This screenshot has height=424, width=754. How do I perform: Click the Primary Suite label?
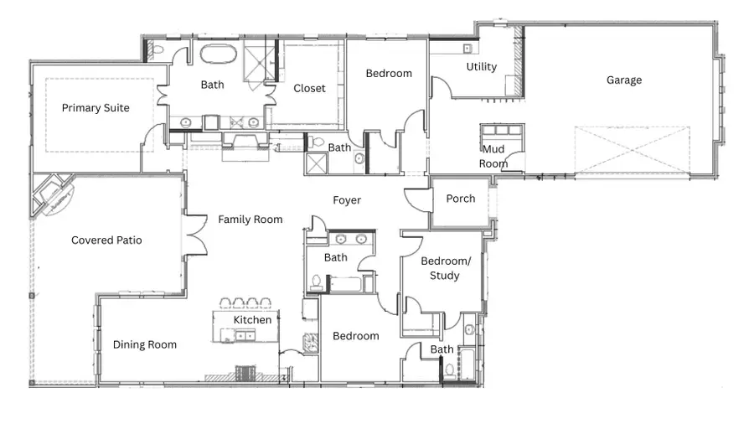point(96,108)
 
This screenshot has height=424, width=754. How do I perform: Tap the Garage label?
point(624,80)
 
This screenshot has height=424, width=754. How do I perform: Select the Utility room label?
point(481,67)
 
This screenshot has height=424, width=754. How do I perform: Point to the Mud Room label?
point(493,157)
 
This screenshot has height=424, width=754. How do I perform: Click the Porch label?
point(460,199)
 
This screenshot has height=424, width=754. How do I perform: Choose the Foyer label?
point(347,200)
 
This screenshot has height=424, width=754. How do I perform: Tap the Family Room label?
point(250,220)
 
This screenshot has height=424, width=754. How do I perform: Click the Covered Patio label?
point(106,240)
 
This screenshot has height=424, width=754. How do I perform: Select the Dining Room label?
point(145,344)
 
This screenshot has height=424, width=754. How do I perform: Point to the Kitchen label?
point(252,320)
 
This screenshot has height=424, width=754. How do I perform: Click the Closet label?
point(309,89)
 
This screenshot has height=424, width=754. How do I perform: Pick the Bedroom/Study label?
point(445,268)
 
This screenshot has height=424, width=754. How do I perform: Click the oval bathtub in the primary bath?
point(218,56)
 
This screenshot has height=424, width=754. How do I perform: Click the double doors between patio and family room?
point(195,232)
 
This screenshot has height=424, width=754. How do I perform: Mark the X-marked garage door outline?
point(633,152)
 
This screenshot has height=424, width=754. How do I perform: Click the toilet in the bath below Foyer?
point(316,282)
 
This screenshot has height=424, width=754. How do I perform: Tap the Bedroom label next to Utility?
point(389,74)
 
